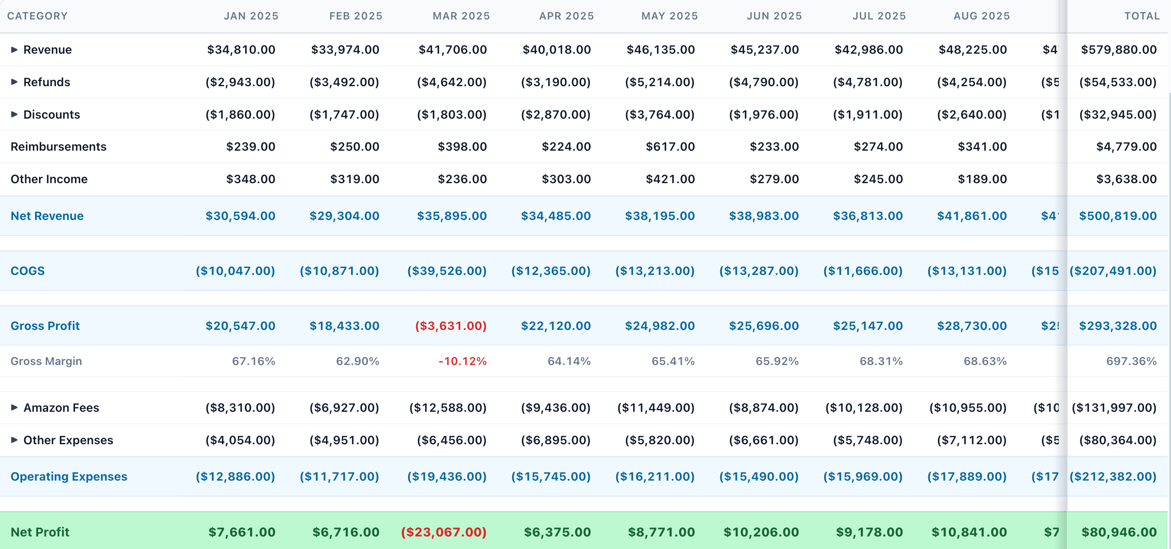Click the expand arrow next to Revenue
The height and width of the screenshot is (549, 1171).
tap(14, 49)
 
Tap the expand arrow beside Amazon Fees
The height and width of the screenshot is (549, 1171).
tap(14, 407)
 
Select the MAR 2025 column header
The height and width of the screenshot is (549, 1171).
tap(461, 16)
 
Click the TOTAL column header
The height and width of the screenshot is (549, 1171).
tap(1142, 16)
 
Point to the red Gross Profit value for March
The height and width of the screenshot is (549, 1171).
tap(450, 326)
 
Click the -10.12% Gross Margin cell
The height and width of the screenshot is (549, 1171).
tap(462, 361)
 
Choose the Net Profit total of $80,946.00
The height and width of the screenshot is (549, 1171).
tap(1119, 532)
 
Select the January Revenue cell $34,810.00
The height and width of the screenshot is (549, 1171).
tap(241, 49)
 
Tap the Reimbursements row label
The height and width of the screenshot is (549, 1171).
tap(58, 147)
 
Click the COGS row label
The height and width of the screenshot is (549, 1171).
tap(28, 271)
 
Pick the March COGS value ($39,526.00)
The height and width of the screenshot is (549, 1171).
tap(447, 271)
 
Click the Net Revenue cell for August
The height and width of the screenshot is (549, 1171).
tap(972, 216)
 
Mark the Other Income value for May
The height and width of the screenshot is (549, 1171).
tap(670, 179)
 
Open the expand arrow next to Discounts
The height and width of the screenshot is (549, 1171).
tap(14, 114)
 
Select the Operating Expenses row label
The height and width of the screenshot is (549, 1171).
tap(68, 476)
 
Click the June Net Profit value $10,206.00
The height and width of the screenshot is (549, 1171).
tap(761, 532)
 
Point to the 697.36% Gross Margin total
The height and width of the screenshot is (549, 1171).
tap(1131, 361)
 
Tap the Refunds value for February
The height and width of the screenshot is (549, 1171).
tap(344, 82)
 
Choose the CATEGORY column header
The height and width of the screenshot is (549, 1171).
tap(37, 16)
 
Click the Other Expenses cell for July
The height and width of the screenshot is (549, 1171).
tap(867, 440)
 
